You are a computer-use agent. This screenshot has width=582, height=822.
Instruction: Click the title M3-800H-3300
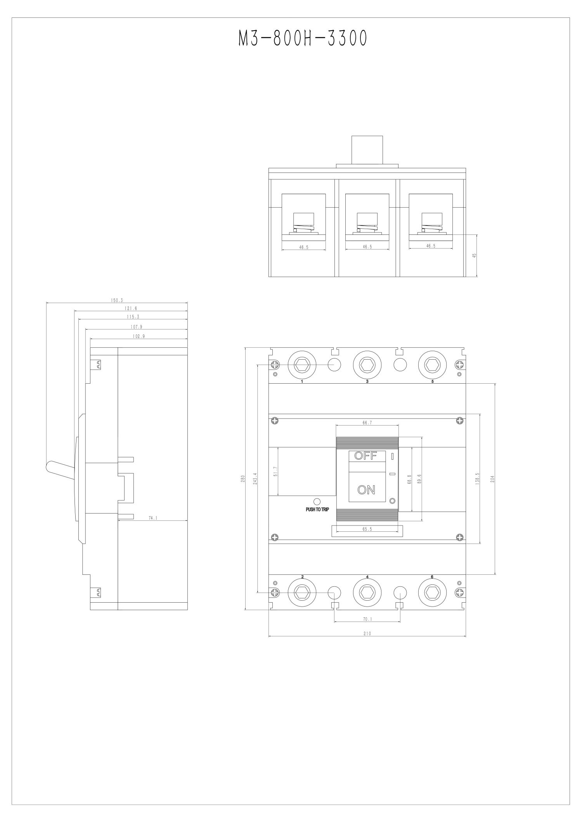302,39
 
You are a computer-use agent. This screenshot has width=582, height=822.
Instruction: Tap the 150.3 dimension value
117,300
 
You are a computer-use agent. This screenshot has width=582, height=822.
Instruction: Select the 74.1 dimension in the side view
153,518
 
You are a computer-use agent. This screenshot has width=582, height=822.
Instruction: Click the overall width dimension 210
367,634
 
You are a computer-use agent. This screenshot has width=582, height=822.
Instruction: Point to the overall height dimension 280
243,478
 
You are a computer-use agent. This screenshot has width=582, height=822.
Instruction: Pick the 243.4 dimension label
255,478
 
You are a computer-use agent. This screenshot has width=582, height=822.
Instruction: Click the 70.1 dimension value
367,619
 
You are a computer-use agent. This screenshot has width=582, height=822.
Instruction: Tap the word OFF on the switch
365,456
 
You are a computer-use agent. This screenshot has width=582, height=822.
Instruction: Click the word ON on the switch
366,490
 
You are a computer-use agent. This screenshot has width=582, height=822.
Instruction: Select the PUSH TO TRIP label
317,510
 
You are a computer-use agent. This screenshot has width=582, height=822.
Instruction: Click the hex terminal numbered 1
302,365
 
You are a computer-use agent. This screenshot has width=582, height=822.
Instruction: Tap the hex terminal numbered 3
367,365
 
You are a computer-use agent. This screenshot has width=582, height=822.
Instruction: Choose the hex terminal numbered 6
432,593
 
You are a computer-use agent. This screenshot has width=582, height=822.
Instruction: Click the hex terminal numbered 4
367,593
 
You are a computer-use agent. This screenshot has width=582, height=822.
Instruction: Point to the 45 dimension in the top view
474,256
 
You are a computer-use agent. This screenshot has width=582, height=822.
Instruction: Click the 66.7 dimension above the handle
367,423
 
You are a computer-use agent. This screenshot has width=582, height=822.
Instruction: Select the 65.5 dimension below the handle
367,529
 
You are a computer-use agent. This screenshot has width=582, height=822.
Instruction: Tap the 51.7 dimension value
275,471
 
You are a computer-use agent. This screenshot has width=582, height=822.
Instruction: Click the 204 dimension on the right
492,479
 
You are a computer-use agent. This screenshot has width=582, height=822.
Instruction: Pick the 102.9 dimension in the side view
139,336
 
